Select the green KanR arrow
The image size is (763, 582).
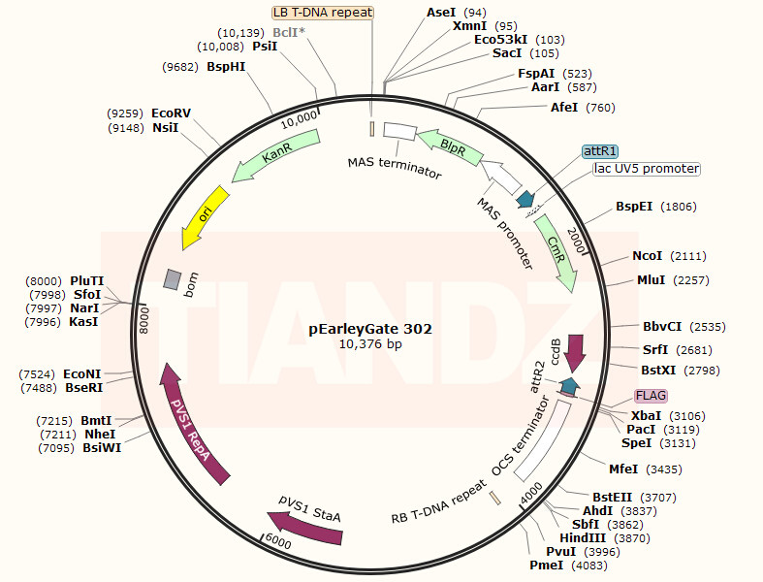pos(275,154)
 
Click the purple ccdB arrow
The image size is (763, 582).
pos(576,353)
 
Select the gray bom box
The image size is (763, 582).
pos(173,279)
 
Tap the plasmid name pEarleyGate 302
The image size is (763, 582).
pos(370,329)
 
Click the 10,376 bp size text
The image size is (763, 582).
pos(370,343)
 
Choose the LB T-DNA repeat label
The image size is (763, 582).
pos(323,13)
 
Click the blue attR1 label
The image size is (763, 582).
pos(600,151)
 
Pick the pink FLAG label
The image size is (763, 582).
pos(651,396)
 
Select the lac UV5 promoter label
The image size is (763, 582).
pos(647,169)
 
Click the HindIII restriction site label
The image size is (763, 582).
pos(583,538)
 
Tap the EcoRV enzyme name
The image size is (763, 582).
pos(172,113)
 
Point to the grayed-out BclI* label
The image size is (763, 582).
pos(289,33)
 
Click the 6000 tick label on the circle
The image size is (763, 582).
pos(278,542)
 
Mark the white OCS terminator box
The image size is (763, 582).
pos(543,440)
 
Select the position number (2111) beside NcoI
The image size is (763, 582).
pos(688,256)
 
